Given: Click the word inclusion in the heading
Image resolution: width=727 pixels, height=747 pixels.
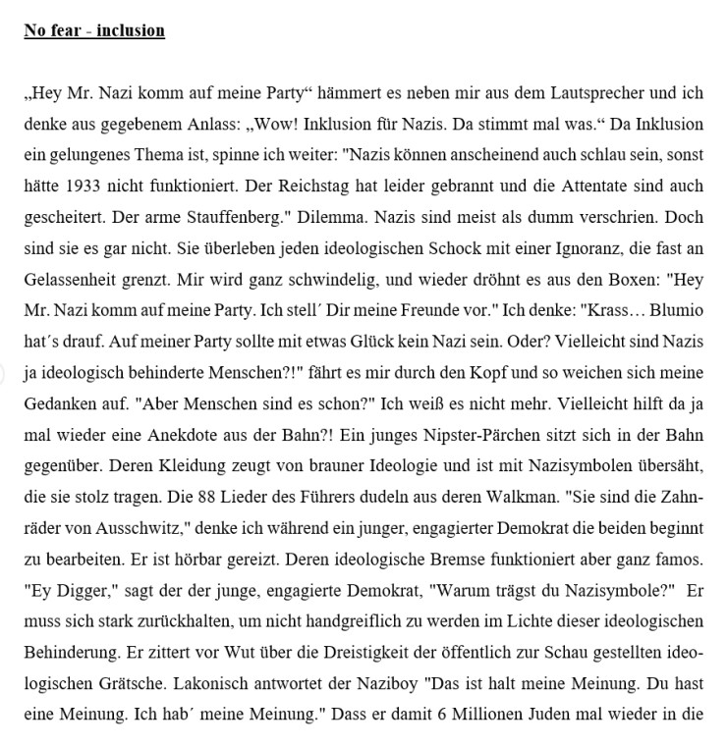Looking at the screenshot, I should (131, 30).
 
